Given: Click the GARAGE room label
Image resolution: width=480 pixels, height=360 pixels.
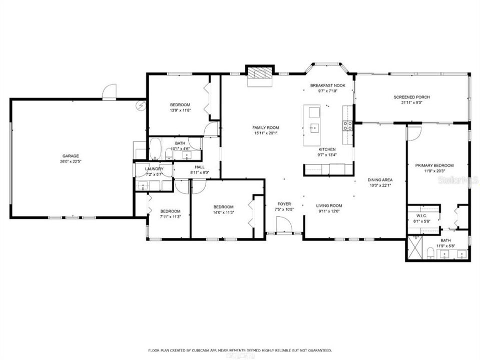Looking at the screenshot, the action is click(71, 155).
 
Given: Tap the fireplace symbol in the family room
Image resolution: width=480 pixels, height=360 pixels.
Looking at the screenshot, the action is click(259, 73).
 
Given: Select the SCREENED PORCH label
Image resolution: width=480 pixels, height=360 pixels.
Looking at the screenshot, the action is click(412, 97).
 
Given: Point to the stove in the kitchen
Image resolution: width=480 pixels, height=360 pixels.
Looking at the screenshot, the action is click(347, 125).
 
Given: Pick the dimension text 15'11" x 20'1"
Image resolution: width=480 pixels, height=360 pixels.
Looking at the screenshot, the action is click(265, 133).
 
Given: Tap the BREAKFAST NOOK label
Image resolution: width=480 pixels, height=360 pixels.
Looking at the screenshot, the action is click(328, 85).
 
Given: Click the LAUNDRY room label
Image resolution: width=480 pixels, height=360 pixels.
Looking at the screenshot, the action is click(154, 169).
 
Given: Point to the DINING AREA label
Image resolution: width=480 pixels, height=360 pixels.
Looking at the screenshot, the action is click(380, 180).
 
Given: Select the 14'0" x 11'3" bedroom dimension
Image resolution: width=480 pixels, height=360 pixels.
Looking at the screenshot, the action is click(224, 212).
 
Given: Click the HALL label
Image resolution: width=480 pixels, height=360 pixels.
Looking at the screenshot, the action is click(199, 167).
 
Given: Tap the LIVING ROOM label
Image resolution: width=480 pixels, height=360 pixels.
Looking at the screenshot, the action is click(329, 205).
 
